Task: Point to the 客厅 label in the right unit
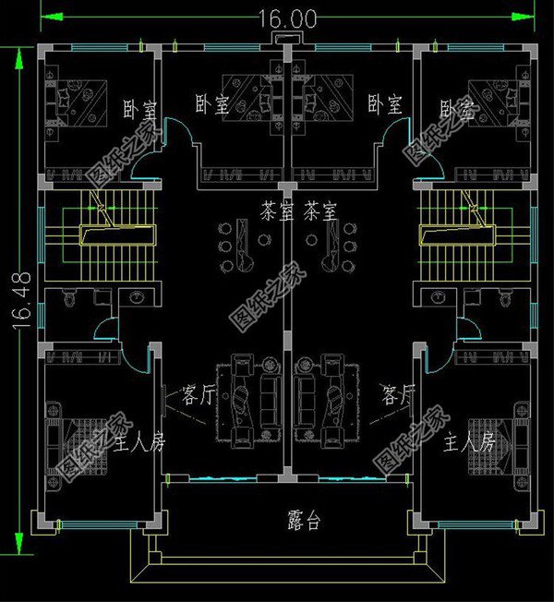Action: tap(399, 396)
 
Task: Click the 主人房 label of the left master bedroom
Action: tap(139, 443)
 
